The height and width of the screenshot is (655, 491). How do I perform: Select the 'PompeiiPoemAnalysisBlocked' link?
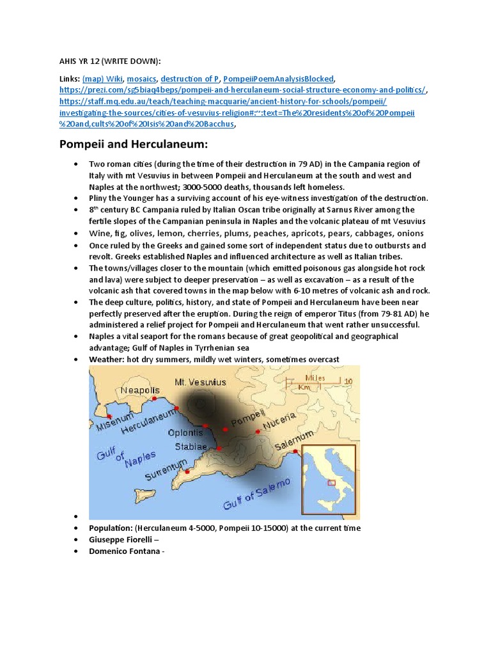pos(279,79)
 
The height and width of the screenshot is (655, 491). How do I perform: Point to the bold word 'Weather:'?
pos(107,359)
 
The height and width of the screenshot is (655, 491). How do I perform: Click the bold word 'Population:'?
pos(111,528)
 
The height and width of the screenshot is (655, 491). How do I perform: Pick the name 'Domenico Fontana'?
pos(125,551)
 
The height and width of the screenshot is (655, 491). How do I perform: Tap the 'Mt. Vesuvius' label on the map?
pos(200,382)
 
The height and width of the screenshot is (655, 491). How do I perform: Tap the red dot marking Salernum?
pos(295,452)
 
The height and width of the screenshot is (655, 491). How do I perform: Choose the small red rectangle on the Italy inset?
pos(331,483)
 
